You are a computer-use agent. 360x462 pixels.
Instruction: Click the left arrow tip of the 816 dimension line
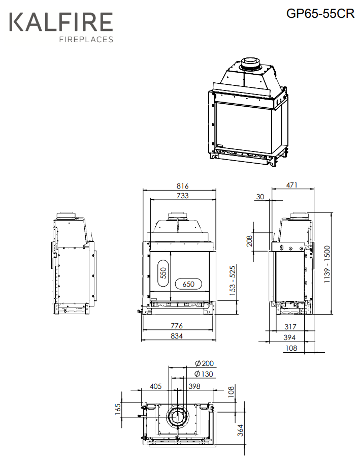pos(143,190)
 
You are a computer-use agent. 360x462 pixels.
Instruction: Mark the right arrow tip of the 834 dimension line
pos(216,341)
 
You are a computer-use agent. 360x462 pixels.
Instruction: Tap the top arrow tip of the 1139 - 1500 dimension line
pos(332,212)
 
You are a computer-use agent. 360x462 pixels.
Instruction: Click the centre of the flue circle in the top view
pos(177,417)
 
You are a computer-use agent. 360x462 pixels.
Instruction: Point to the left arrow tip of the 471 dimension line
pos(272,189)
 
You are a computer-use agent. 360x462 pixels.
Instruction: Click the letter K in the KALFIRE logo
pos(16,21)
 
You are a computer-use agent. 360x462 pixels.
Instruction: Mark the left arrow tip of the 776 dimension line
pos(143,330)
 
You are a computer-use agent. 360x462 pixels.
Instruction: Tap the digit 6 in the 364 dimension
pos(241,430)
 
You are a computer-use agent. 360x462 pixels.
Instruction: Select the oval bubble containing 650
pos(188,284)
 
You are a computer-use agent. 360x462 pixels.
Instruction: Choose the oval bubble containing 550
pos(163,273)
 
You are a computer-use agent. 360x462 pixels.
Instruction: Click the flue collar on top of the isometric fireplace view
pos(250,63)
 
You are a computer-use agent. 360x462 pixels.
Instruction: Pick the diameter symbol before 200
pos(198,363)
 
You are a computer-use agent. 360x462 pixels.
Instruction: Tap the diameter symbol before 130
pos(198,374)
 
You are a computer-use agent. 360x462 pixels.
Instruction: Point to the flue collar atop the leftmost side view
pos(66,215)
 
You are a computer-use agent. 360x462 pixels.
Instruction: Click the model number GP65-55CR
pos(320,13)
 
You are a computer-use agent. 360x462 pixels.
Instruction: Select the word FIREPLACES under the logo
pos(86,40)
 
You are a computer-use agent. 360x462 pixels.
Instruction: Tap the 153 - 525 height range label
pos(233,281)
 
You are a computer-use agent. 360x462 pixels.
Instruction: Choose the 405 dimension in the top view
pos(155,386)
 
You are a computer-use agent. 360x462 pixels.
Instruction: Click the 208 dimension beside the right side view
pos(250,241)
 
